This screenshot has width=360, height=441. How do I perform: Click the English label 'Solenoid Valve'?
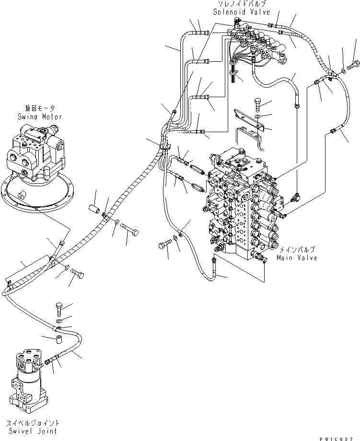242,12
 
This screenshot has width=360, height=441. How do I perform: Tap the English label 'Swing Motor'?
40,116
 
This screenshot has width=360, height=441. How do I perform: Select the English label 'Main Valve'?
297,258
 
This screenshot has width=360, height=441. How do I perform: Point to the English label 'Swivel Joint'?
33,430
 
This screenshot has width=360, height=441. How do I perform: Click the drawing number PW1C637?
336,439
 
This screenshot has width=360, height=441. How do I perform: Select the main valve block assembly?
244,203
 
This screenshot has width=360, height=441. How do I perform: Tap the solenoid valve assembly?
257,45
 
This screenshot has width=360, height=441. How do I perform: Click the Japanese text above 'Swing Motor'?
40,108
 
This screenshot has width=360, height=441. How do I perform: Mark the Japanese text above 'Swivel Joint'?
33,423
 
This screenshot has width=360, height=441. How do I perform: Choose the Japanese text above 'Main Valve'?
297,250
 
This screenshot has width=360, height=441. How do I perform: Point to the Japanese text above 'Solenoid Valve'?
242,4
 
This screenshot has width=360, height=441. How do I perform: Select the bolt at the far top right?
353,65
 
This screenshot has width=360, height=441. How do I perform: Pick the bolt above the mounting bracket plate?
258,105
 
